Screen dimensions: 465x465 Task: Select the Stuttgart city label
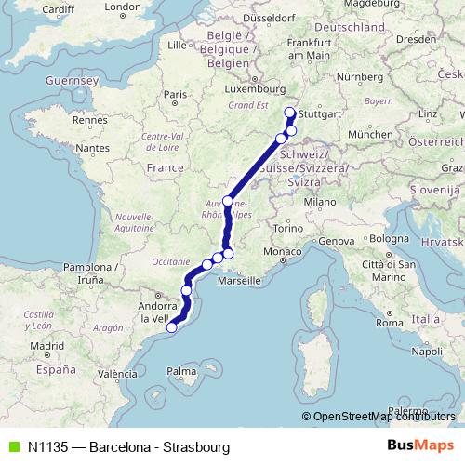tap(319, 113)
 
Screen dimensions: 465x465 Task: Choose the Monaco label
tap(282, 252)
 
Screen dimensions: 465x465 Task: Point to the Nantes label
tap(93, 148)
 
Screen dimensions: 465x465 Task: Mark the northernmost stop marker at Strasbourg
tap(288, 113)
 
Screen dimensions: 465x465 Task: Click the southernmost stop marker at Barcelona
tap(171, 326)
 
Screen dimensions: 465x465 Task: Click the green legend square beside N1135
tap(11, 447)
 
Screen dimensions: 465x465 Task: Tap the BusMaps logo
tap(420, 446)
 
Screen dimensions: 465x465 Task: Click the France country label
tap(165, 167)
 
